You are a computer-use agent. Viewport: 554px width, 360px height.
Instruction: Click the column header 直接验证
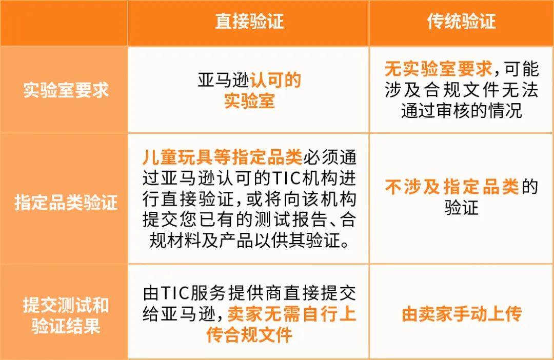click(249, 22)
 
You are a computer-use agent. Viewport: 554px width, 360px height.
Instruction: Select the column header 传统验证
click(461, 22)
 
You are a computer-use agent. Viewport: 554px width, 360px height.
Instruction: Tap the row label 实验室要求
click(66, 90)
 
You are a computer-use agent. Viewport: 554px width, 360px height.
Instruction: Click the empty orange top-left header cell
click(64, 23)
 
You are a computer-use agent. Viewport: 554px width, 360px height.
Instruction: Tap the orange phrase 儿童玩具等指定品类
click(222, 156)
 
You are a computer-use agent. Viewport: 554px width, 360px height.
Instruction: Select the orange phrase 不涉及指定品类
click(452, 187)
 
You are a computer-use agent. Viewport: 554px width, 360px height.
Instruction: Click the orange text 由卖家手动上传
click(461, 314)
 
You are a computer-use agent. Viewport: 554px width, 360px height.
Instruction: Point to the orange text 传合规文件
click(249, 335)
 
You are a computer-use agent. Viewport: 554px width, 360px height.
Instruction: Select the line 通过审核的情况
click(461, 111)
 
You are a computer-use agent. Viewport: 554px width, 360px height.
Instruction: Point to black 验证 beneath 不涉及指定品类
click(461, 208)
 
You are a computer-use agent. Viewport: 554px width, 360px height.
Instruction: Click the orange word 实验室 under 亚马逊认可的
click(249, 101)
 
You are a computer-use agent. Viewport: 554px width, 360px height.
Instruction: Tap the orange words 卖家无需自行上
click(291, 314)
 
